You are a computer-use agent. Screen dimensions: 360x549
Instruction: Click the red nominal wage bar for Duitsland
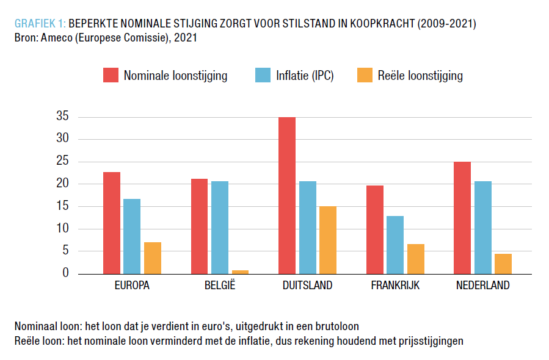click(x=287, y=195)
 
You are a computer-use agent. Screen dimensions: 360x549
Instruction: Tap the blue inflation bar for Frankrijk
click(x=395, y=245)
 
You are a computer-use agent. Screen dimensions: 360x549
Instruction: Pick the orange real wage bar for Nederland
click(x=503, y=264)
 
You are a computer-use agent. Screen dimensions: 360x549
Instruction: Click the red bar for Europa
click(x=111, y=223)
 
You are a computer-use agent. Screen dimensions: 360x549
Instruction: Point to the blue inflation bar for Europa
click(x=132, y=236)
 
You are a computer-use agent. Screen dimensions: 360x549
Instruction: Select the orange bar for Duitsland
click(x=327, y=240)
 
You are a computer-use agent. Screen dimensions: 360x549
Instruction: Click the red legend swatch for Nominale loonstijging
click(x=111, y=76)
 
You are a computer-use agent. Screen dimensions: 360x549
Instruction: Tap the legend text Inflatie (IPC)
click(x=305, y=76)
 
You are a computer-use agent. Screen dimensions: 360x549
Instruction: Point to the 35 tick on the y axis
click(x=62, y=117)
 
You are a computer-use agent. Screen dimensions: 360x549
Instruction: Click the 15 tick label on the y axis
click(x=62, y=206)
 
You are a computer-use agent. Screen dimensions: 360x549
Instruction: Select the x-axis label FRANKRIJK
click(x=395, y=286)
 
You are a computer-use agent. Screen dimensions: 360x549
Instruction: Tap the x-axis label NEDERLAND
click(x=482, y=286)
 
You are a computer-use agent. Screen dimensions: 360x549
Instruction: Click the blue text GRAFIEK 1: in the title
click(x=40, y=24)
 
